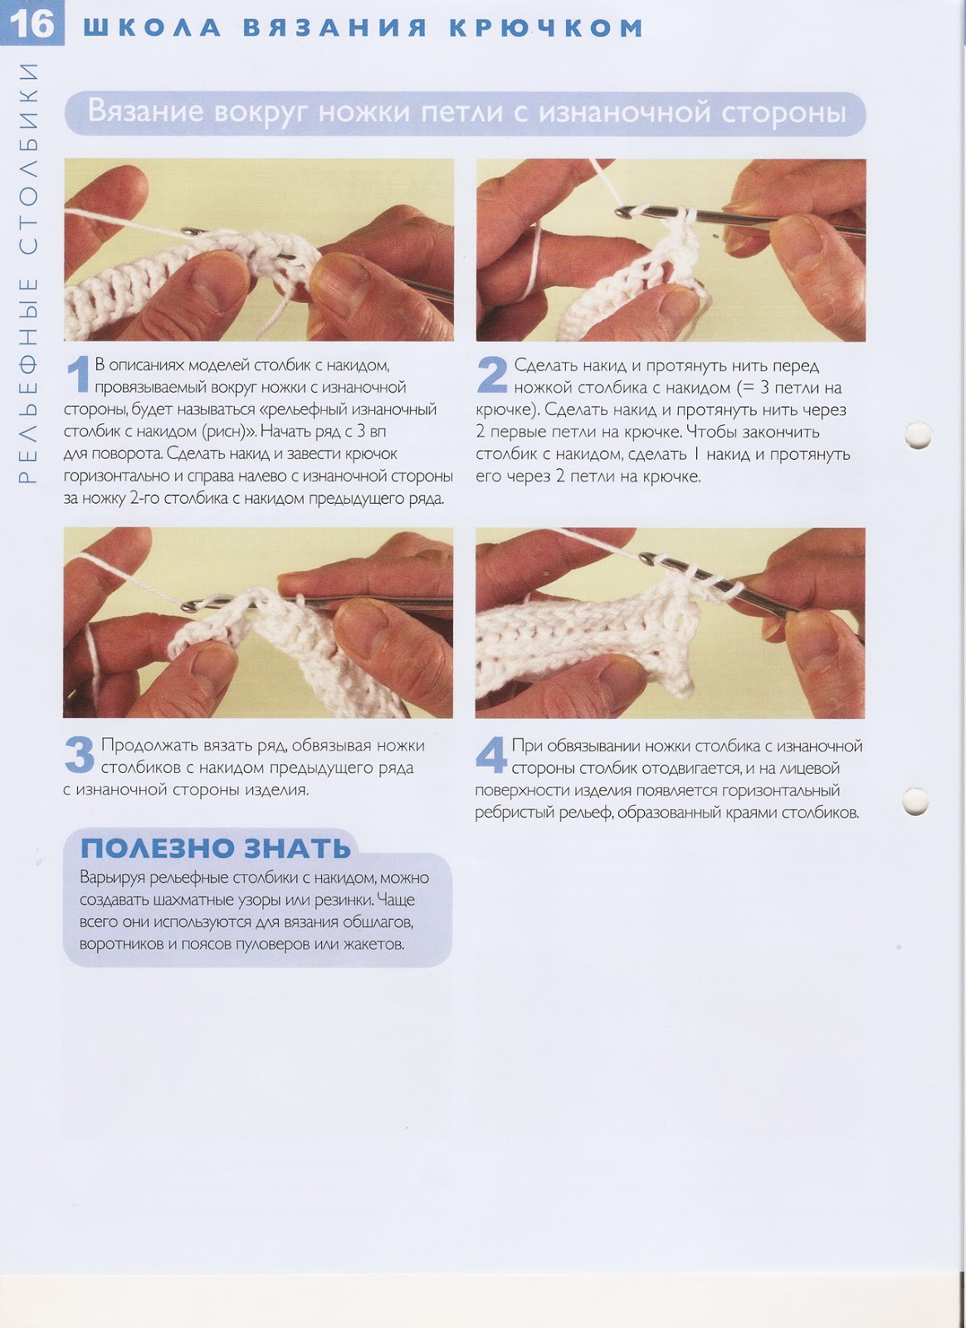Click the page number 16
pyautogui.click(x=32, y=25)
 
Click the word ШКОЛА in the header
pyautogui.click(x=152, y=28)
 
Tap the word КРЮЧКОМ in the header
pyautogui.click(x=546, y=28)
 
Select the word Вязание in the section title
pyautogui.click(x=145, y=111)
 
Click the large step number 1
pyautogui.click(x=78, y=374)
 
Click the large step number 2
pyautogui.click(x=492, y=374)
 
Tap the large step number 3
pyautogui.click(x=80, y=754)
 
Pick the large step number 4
pyautogui.click(x=490, y=754)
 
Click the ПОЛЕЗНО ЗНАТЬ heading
pyautogui.click(x=216, y=848)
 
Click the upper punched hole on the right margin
pyautogui.click(x=917, y=436)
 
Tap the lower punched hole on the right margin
pyautogui.click(x=915, y=802)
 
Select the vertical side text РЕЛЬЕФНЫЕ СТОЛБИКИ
pyautogui.click(x=27, y=272)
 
